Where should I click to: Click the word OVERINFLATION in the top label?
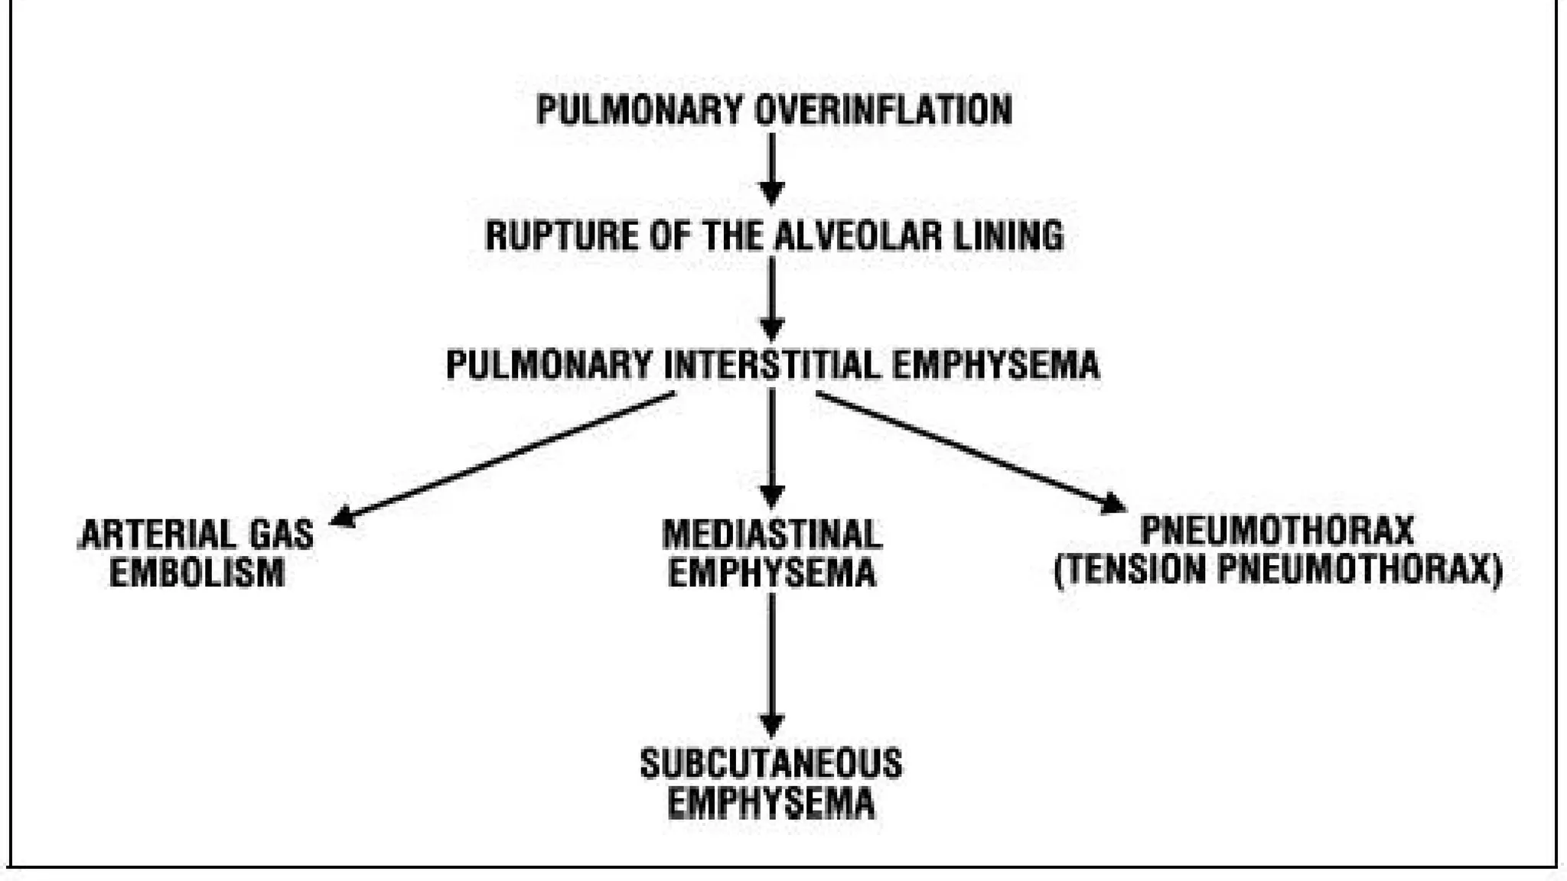click(883, 109)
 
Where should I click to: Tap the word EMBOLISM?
click(197, 574)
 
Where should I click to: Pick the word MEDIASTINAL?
click(772, 534)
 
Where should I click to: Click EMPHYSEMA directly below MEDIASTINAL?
click(772, 574)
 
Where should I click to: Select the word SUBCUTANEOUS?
click(771, 763)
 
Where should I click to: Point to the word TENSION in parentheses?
click(1136, 571)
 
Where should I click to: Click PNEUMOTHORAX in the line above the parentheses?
click(1277, 531)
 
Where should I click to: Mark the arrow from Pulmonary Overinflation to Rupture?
click(771, 168)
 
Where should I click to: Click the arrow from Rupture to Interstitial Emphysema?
click(771, 298)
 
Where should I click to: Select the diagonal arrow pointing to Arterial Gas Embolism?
click(505, 459)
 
